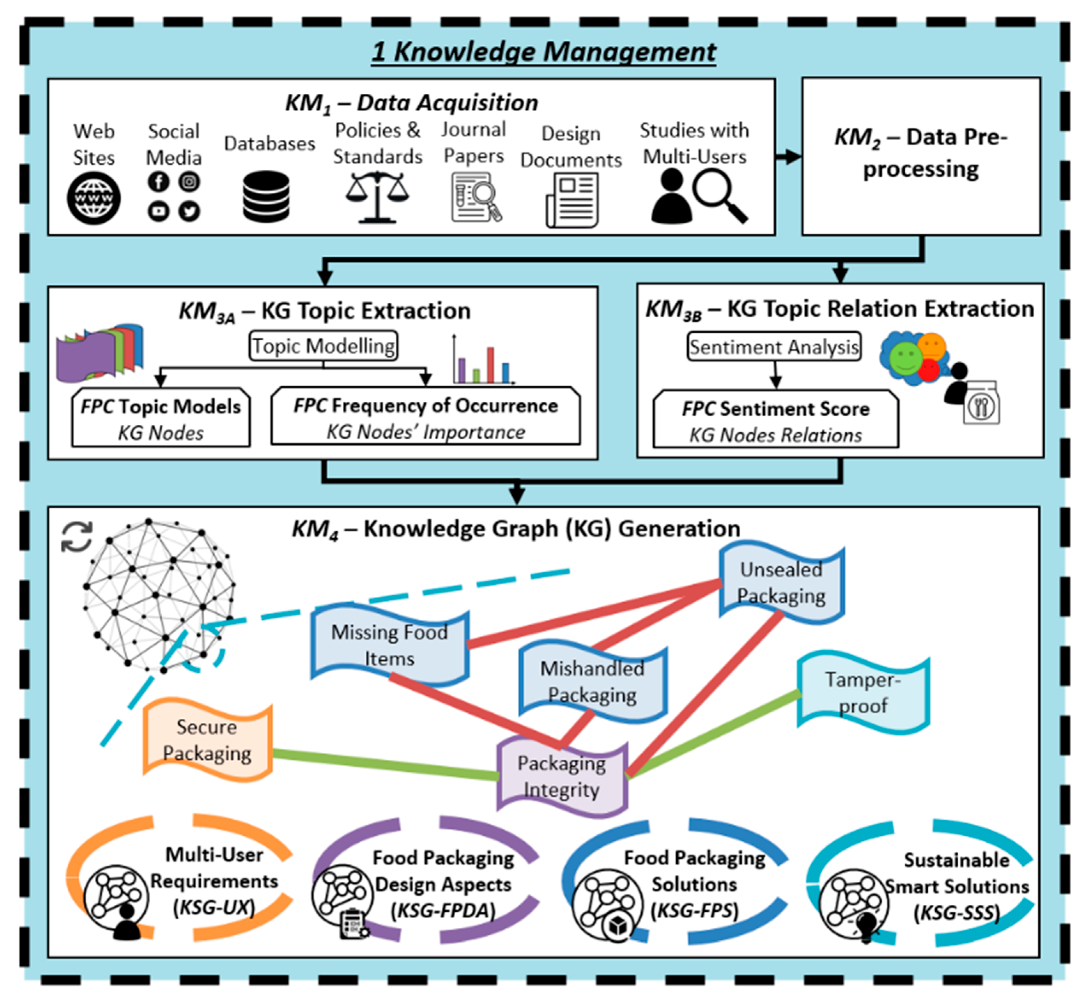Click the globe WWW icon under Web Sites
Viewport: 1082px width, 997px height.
click(x=93, y=199)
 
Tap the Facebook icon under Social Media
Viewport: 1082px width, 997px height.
click(x=159, y=182)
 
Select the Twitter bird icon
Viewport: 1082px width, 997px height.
click(x=189, y=211)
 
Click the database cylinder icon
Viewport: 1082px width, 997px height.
click(x=266, y=197)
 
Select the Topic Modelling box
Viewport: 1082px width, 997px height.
click(x=323, y=346)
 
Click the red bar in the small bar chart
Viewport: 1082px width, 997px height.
click(x=490, y=365)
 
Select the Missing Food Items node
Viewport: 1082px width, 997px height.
click(x=389, y=645)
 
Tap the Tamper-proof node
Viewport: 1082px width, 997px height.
click(x=863, y=693)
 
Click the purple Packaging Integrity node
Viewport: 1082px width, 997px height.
click(x=562, y=776)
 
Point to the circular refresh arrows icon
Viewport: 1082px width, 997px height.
click(x=77, y=537)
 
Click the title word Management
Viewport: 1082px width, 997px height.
click(x=629, y=52)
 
